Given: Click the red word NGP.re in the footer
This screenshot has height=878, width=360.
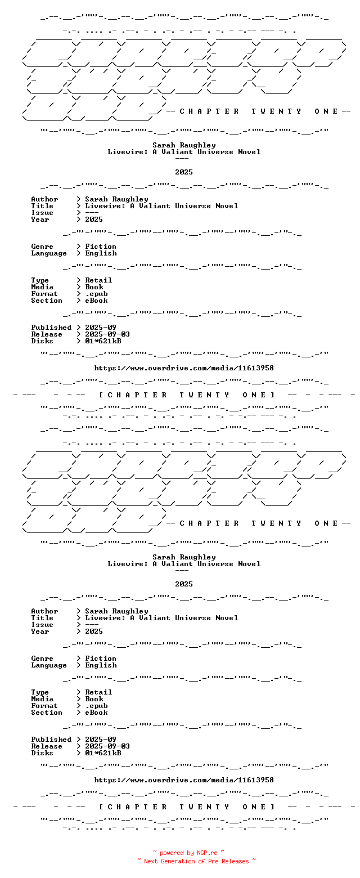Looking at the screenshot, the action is click(207, 853).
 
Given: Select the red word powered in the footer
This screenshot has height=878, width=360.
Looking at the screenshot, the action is click(172, 853).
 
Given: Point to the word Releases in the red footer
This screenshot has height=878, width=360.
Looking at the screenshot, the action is click(235, 861).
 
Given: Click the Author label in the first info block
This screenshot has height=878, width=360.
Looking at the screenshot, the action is click(44, 199).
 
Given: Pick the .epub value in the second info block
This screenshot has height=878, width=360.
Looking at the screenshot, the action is click(96, 706).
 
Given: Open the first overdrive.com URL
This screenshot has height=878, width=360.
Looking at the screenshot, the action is click(184, 368).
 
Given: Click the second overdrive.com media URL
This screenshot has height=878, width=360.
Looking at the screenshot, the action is click(184, 780).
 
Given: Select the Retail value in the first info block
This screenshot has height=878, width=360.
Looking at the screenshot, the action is click(98, 280).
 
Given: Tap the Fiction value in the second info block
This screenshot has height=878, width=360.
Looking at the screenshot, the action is click(101, 658).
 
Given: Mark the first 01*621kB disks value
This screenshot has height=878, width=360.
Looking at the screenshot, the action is click(103, 341).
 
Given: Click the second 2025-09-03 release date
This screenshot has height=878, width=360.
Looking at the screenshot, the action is click(107, 746).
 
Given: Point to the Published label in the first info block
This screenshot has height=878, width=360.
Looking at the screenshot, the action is click(51, 328).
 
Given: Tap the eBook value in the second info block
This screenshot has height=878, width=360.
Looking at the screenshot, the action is click(96, 713).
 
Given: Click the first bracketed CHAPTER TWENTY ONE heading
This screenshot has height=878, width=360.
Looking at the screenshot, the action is click(186, 395).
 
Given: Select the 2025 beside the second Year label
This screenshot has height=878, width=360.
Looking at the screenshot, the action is click(94, 631).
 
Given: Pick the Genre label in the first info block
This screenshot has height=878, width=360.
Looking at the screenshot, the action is click(42, 247).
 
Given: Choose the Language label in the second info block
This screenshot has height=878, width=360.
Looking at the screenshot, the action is click(49, 665).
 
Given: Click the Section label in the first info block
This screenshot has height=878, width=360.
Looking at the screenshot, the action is click(47, 301).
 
